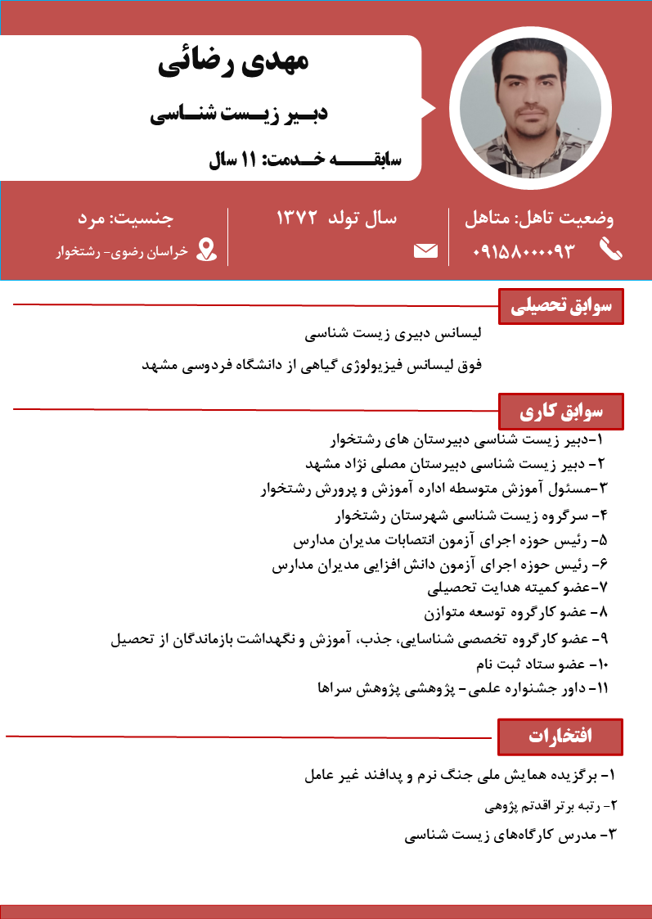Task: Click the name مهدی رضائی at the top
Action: pos(233,65)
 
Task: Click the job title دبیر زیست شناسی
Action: pos(239,113)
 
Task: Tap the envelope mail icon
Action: pos(425,250)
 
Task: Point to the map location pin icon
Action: pos(208,250)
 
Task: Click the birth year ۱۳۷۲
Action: pos(303,218)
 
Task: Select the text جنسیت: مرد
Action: pos(126,218)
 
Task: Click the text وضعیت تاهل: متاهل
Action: pos(539,218)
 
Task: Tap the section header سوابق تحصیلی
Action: pos(560,307)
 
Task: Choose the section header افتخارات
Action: pos(560,736)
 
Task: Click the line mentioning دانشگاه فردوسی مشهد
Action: pos(313,365)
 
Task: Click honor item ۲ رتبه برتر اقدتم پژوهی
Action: pos(550,807)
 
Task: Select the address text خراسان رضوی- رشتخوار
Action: pos(122,251)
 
